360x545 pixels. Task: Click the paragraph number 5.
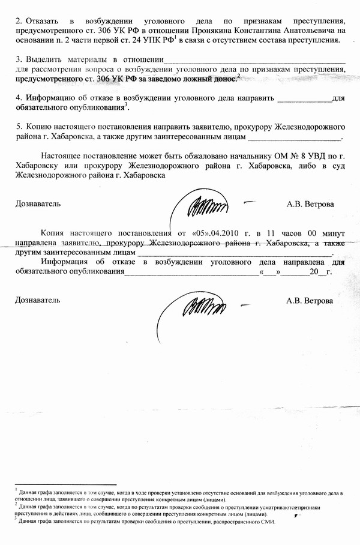pyautogui.click(x=19, y=127)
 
